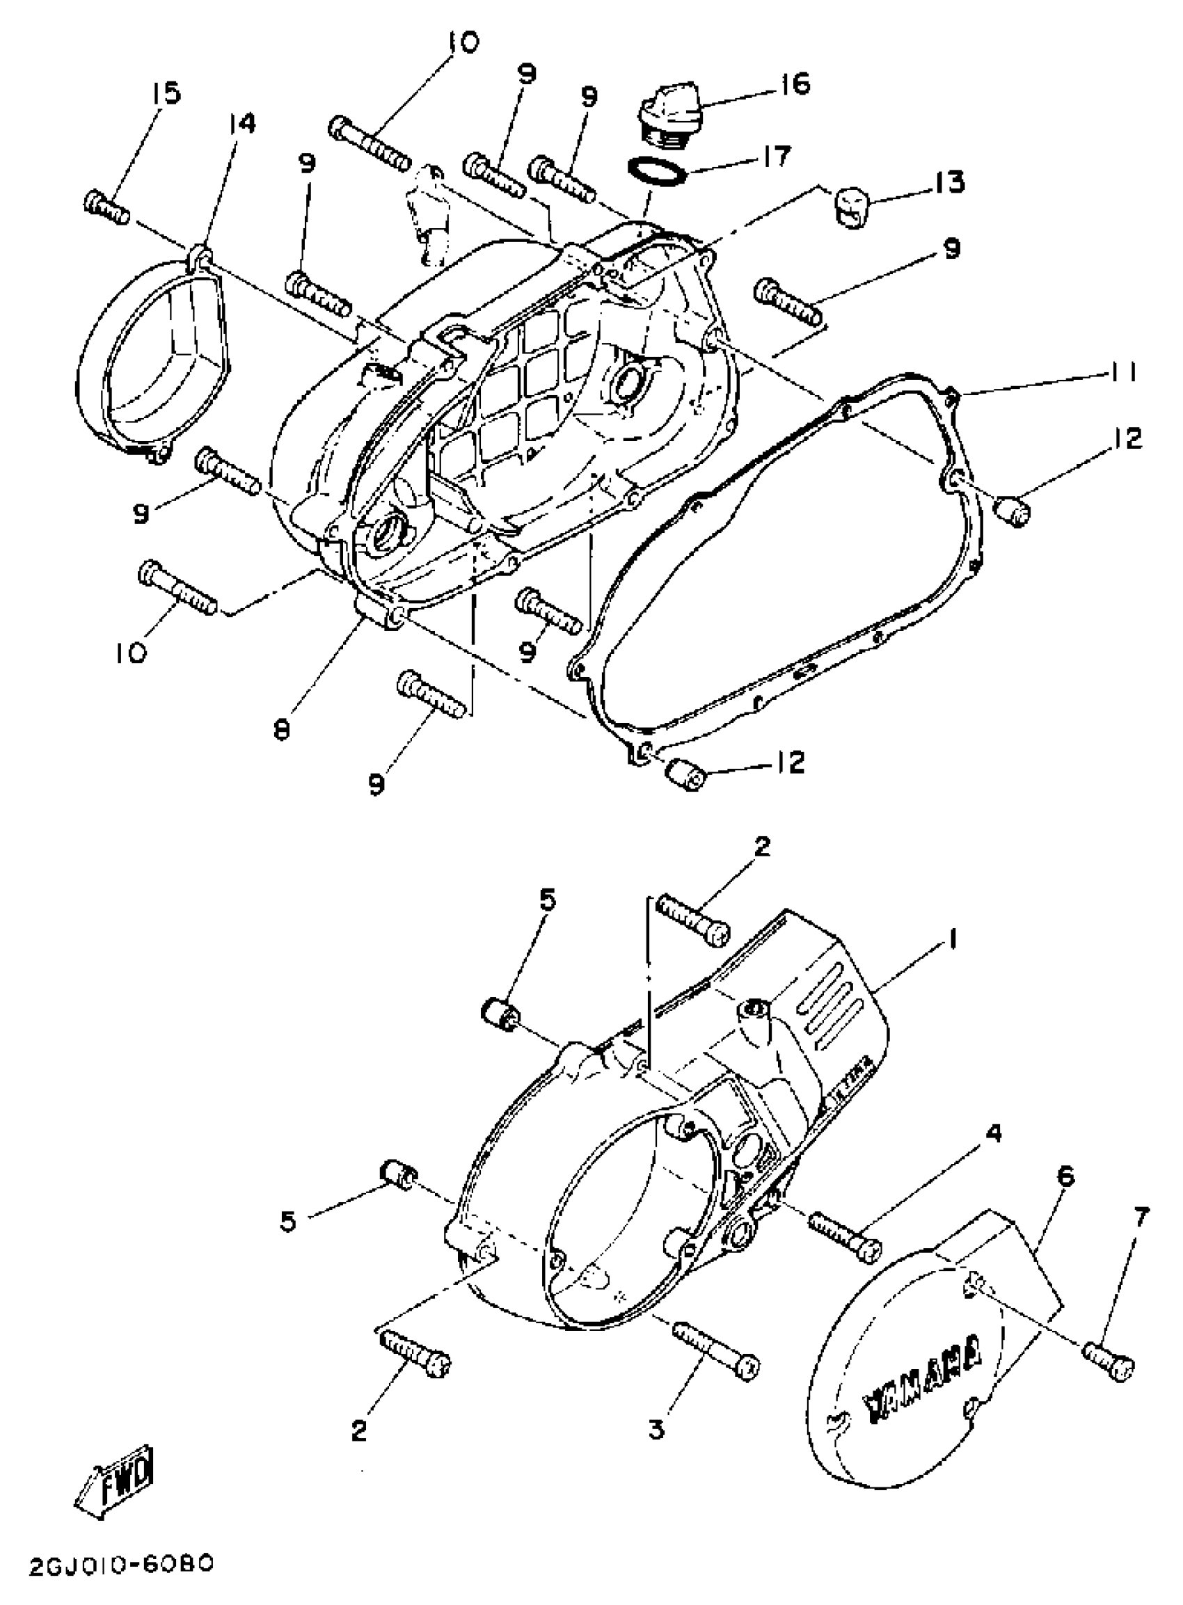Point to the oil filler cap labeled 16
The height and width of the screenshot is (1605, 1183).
coord(670,118)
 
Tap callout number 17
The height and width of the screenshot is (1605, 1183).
coord(773,155)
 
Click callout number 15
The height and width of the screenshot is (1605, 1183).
coord(166,93)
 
